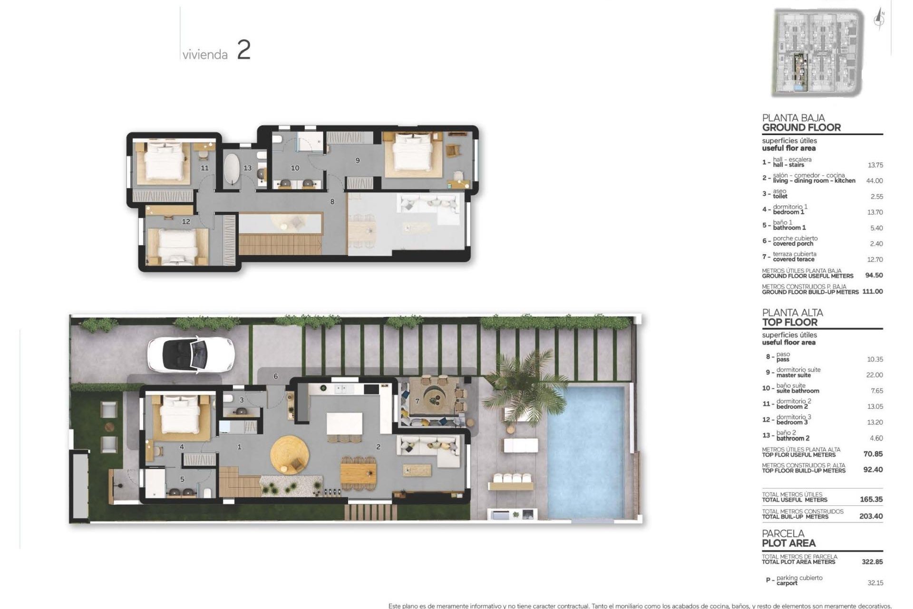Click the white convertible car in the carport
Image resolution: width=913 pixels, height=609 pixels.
(191, 354)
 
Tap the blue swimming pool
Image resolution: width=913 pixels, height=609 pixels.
(586, 452)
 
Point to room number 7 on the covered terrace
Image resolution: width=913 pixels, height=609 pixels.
(418, 401)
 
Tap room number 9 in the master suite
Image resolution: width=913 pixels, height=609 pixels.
(358, 161)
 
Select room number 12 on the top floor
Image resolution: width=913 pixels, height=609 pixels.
(186, 221)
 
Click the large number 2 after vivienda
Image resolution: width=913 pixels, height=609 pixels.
(243, 50)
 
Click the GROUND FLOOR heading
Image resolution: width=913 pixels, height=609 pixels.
(801, 128)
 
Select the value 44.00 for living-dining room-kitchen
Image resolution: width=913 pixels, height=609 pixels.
(874, 181)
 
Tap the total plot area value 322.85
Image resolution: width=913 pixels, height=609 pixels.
(872, 562)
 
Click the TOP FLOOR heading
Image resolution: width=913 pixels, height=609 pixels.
(790, 322)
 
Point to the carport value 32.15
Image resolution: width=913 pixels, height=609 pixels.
(875, 583)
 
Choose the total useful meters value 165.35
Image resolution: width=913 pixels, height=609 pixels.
(871, 500)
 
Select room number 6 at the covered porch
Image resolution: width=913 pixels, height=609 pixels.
(276, 376)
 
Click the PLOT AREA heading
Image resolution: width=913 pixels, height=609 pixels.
(788, 543)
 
